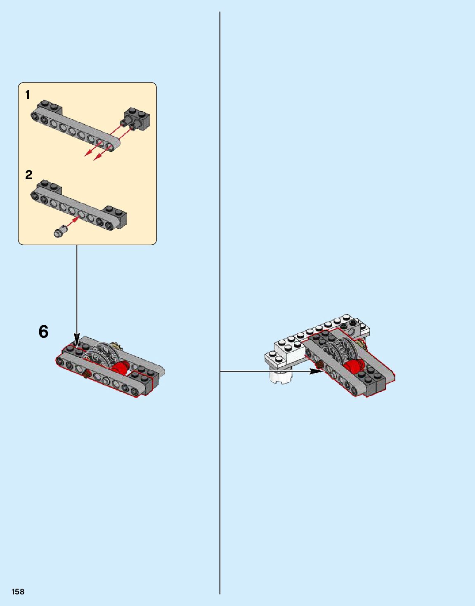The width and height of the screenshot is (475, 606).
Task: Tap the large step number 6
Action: (x=43, y=331)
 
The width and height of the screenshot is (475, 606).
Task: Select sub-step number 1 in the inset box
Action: (x=28, y=95)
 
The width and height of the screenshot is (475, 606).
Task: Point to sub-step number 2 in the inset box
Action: (x=29, y=175)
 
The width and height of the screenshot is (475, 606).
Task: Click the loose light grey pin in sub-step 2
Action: (x=61, y=231)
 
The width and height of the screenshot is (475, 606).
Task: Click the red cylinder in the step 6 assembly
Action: (x=121, y=367)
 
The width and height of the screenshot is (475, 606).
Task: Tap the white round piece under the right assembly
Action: (x=281, y=376)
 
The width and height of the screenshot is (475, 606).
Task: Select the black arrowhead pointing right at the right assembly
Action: (x=317, y=371)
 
